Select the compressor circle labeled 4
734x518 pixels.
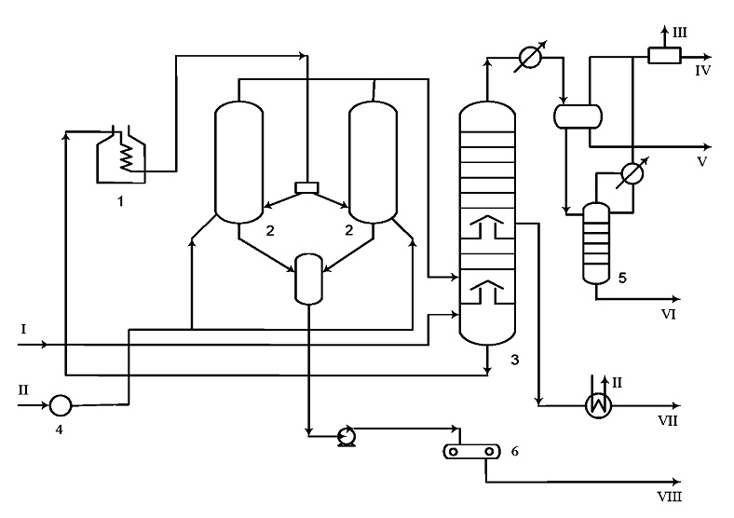pos(61,405)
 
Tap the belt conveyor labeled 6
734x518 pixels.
pos(471,452)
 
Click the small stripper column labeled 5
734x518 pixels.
pos(596,243)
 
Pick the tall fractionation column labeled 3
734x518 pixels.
pos(487,223)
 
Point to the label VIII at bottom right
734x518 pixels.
pos(670,497)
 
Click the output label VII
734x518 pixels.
pos(668,420)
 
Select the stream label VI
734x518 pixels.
pos(669,314)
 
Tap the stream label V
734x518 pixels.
pos(701,161)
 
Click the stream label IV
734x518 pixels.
pos(702,71)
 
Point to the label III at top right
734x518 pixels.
pos(680,33)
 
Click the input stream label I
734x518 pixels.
pos(23,329)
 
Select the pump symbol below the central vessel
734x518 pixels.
pos(347,437)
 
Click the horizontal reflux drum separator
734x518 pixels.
pos(578,116)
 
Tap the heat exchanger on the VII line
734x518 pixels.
pos(599,404)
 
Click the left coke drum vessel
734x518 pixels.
pos(238,162)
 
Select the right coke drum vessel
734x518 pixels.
pos(374,162)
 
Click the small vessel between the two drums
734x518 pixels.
pos(308,279)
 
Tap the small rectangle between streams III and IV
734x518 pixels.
pos(664,56)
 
